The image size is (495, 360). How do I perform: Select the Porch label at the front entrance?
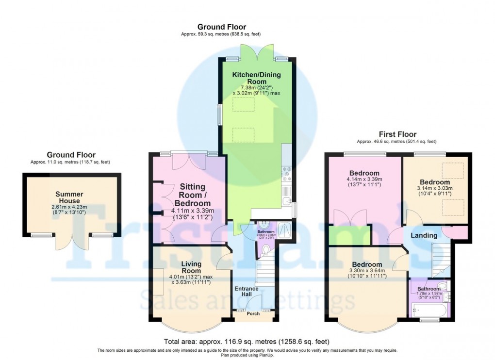click(x=253, y=314)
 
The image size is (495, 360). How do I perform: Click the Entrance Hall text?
click(x=247, y=292)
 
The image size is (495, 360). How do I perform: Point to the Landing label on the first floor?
click(x=424, y=235)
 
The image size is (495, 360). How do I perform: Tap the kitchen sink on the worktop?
click(x=287, y=199)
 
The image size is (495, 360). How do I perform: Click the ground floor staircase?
click(x=266, y=274)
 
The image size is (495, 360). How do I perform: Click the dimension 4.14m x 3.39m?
click(x=364, y=181)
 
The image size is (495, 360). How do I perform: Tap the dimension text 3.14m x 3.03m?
click(x=435, y=188)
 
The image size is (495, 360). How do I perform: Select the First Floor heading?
click(x=397, y=134)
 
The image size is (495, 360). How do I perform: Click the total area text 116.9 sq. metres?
click(x=247, y=341)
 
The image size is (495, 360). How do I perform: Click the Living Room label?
click(x=191, y=267)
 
